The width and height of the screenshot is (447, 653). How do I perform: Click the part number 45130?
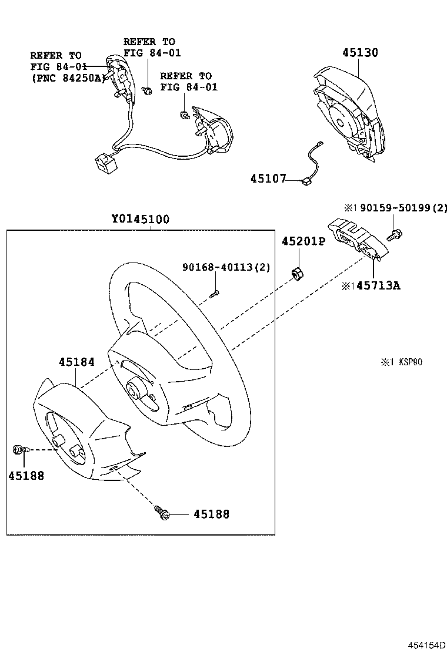click(x=361, y=53)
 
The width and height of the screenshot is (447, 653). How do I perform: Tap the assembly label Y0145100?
click(x=141, y=220)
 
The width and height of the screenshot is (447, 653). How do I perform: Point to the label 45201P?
click(x=303, y=241)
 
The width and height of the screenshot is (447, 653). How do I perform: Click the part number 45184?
click(x=76, y=362)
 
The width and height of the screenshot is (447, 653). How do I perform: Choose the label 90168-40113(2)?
click(x=226, y=267)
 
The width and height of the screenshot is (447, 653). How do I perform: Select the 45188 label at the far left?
click(x=26, y=476)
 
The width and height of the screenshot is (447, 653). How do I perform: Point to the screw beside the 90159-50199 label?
click(x=393, y=235)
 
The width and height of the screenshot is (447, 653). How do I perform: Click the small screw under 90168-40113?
click(x=215, y=292)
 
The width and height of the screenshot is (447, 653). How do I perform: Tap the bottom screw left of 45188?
click(x=162, y=513)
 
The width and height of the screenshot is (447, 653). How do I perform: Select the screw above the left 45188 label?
click(x=19, y=450)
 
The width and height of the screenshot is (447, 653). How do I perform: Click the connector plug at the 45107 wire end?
click(x=306, y=182)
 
